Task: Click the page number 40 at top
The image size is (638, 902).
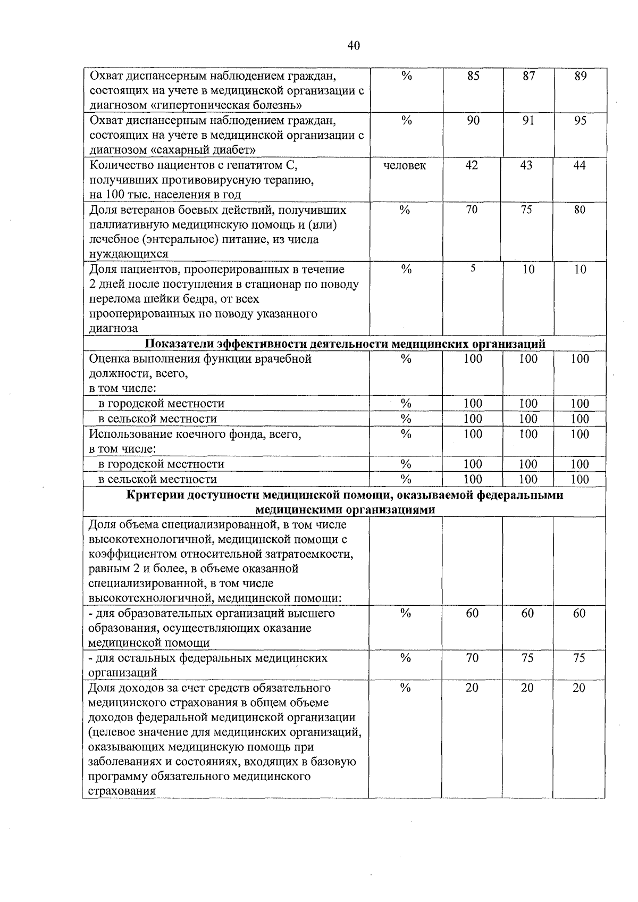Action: tap(354, 46)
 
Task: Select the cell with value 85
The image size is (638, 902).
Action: tap(473, 76)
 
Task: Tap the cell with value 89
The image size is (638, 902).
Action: tap(581, 76)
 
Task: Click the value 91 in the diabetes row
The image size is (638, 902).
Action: tap(528, 121)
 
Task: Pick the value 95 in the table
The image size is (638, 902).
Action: tap(581, 121)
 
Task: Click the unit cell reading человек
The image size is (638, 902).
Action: tap(405, 165)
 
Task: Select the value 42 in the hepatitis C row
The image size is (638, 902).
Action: tap(472, 165)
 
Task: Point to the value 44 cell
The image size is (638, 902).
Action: tap(580, 165)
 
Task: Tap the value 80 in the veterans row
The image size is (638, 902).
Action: tap(580, 210)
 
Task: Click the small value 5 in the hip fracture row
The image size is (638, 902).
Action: tap(472, 269)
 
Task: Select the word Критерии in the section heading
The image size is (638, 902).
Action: tap(150, 495)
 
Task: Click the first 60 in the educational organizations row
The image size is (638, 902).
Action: tap(472, 613)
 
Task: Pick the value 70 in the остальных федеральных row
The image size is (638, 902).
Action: tap(472, 658)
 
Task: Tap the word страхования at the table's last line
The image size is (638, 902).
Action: tap(122, 791)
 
